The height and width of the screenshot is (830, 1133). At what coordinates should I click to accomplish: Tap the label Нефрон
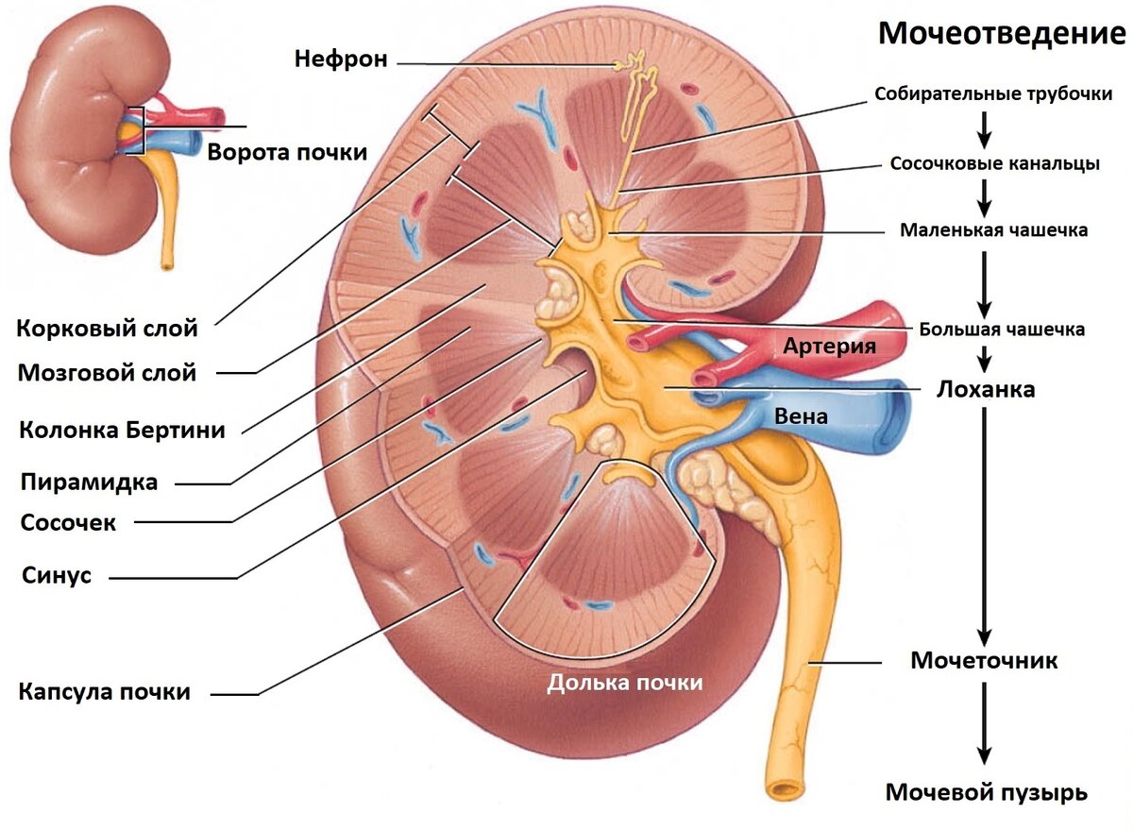341,59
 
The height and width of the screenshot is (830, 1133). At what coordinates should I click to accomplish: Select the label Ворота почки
287,152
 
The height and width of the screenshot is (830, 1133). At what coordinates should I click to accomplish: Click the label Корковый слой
107,329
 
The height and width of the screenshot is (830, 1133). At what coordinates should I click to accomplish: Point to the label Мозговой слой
107,373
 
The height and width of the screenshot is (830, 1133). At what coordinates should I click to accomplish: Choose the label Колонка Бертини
122,430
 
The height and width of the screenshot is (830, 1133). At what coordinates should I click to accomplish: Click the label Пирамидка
89,482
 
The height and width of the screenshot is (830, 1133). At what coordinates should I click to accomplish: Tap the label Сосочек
68,522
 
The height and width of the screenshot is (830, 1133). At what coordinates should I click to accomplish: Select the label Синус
57,575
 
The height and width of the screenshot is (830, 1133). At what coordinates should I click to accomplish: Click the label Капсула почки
104,691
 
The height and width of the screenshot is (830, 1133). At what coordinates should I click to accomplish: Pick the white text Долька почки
625,683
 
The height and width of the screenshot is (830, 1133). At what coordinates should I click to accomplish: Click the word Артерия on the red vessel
830,346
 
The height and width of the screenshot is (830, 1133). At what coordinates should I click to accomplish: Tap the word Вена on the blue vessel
802,416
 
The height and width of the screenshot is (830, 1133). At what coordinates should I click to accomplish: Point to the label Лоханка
986,389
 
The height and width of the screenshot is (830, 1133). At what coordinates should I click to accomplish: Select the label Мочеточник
984,661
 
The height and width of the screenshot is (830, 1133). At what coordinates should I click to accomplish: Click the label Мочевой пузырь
987,792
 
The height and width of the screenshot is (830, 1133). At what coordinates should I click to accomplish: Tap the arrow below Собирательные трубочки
984,130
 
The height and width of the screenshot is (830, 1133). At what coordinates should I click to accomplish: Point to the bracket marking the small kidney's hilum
144,130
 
